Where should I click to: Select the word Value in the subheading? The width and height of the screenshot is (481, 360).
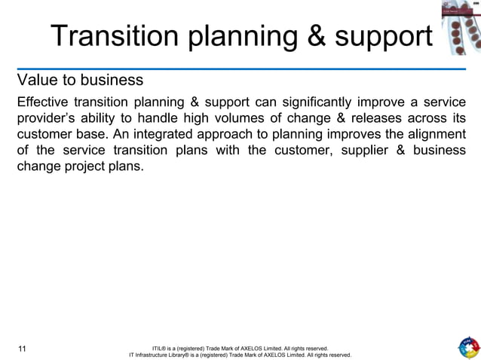[x=36, y=79]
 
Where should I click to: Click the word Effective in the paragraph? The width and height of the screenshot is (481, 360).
[x=44, y=102]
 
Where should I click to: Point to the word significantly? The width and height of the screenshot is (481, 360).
[x=311, y=102]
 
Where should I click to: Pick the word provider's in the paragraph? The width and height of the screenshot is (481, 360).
[x=47, y=118]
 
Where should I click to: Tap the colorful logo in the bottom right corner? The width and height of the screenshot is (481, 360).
[x=467, y=348]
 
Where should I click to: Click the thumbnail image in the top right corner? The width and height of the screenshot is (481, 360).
[x=460, y=27]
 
